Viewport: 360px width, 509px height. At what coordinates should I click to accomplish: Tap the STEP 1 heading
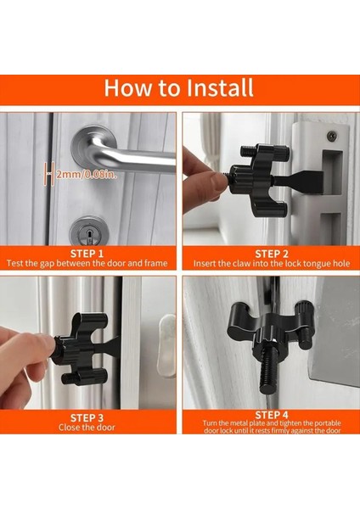click(x=87, y=254)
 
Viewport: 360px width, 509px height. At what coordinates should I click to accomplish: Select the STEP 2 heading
click(x=272, y=254)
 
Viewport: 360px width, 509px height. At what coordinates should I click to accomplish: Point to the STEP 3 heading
click(x=87, y=417)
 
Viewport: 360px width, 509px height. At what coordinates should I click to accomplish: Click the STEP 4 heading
click(x=272, y=415)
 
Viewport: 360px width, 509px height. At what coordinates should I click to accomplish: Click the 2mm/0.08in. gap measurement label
click(x=86, y=175)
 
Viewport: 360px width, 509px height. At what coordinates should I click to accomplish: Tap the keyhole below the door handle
click(x=88, y=234)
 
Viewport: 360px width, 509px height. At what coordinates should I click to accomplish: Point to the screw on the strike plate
click(x=332, y=135)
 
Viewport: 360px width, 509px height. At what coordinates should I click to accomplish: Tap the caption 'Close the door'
click(x=87, y=428)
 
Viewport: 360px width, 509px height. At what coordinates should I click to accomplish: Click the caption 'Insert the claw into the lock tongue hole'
click(x=272, y=263)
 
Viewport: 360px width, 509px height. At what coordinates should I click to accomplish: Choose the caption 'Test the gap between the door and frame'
click(x=87, y=263)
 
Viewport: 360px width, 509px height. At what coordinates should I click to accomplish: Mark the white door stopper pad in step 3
click(x=166, y=346)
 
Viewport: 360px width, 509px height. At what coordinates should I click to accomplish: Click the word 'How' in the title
click(x=127, y=87)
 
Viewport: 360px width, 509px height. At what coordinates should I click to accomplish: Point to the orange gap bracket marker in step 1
click(x=48, y=174)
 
